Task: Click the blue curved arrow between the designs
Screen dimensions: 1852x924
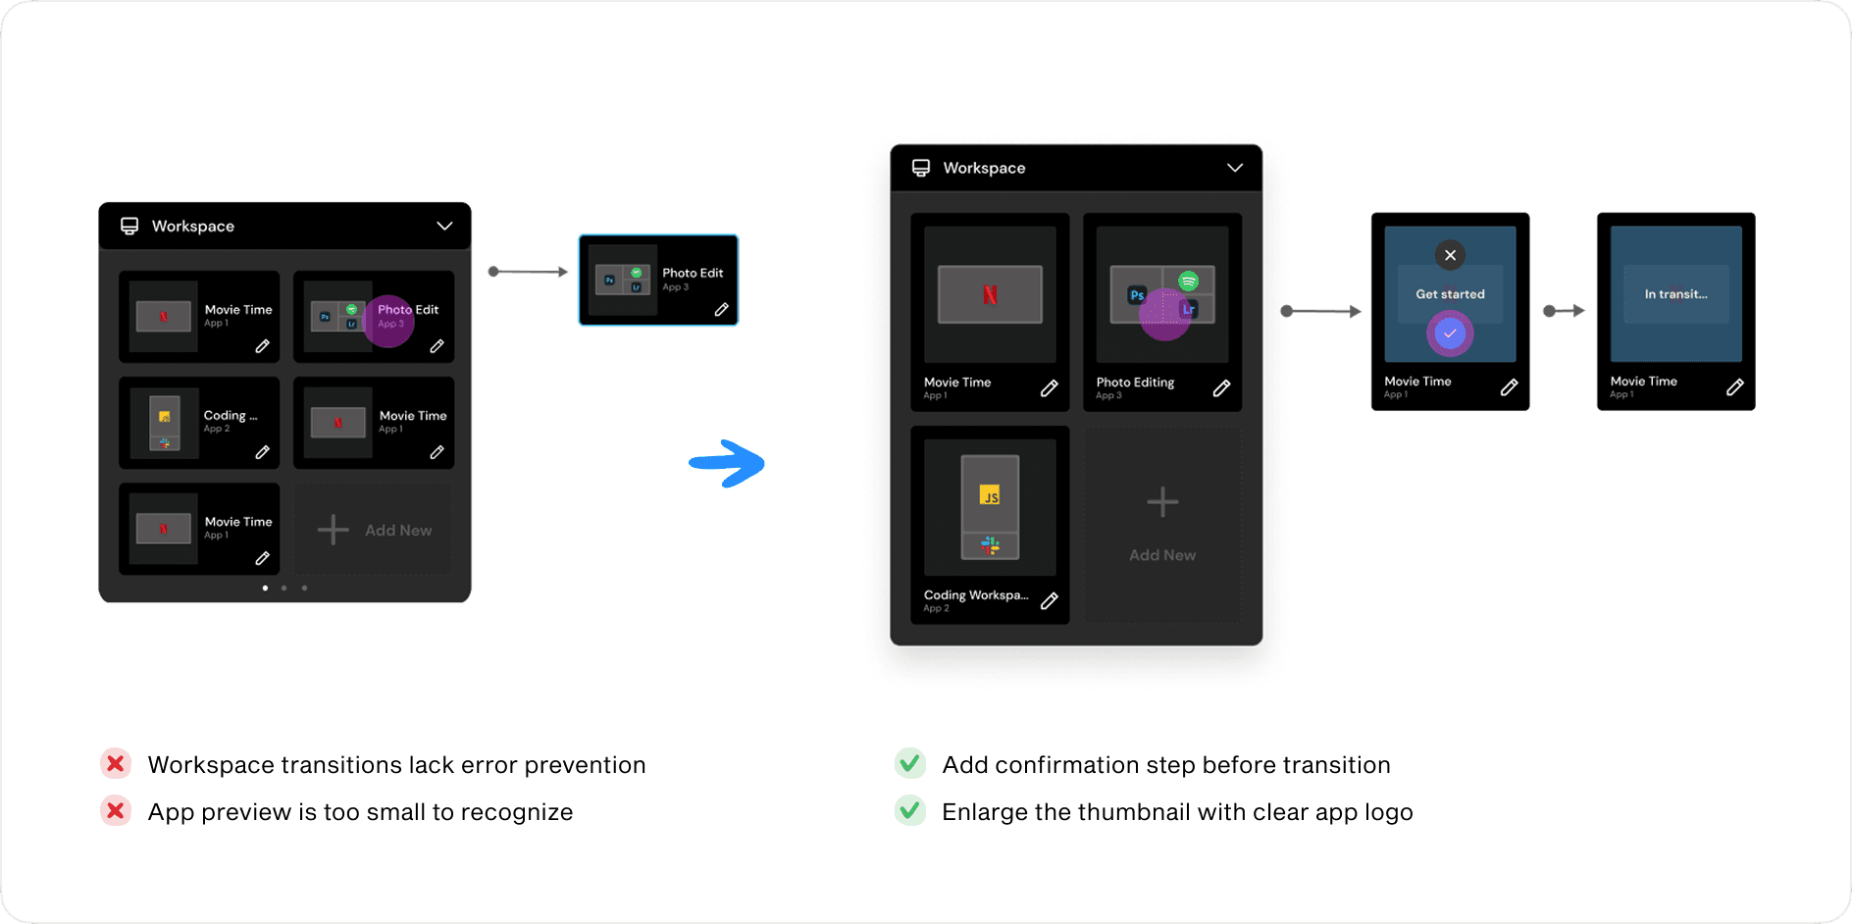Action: [727, 463]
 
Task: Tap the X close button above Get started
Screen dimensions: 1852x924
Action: [1450, 255]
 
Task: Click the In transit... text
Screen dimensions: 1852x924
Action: [1675, 294]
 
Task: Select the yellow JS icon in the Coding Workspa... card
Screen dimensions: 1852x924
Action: [990, 495]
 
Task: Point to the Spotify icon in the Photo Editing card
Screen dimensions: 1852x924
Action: [1188, 282]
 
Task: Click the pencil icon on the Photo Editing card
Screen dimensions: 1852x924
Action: [1221, 388]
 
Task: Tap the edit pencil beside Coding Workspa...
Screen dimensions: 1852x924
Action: [1049, 601]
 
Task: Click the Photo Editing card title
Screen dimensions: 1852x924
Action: [1135, 383]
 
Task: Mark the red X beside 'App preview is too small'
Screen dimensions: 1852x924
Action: [116, 811]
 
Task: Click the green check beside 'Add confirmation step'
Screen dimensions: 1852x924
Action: [909, 763]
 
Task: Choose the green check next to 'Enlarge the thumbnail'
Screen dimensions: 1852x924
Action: [909, 811]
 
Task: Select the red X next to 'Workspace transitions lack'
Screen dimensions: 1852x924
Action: [116, 763]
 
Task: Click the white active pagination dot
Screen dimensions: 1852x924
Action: [265, 588]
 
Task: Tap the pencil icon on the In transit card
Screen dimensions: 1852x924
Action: [1734, 387]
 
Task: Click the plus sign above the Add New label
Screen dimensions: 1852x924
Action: [1162, 502]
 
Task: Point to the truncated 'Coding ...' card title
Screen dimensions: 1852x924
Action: [231, 416]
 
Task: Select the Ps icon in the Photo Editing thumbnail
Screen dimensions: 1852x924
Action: [1136, 295]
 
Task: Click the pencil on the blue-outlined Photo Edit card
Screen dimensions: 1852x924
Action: [721, 310]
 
